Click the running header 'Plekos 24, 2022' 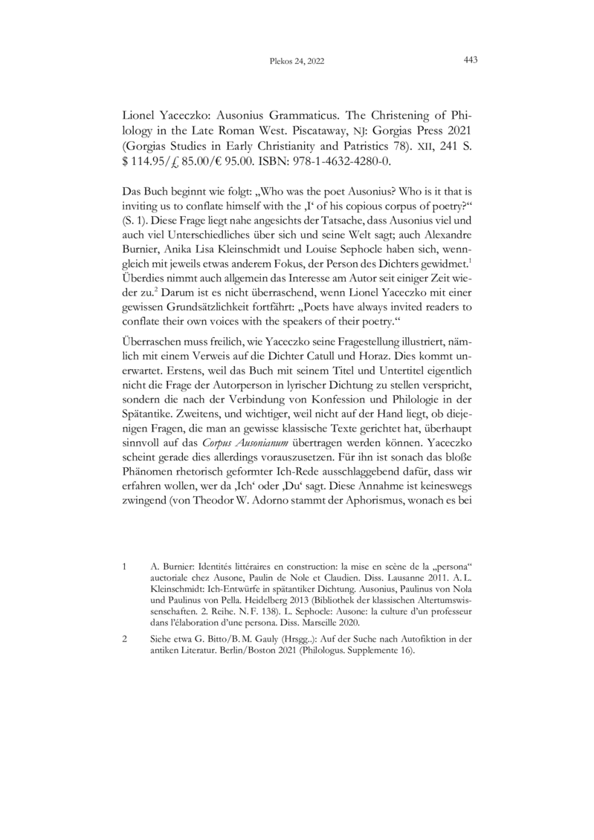pyautogui.click(x=297, y=61)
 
